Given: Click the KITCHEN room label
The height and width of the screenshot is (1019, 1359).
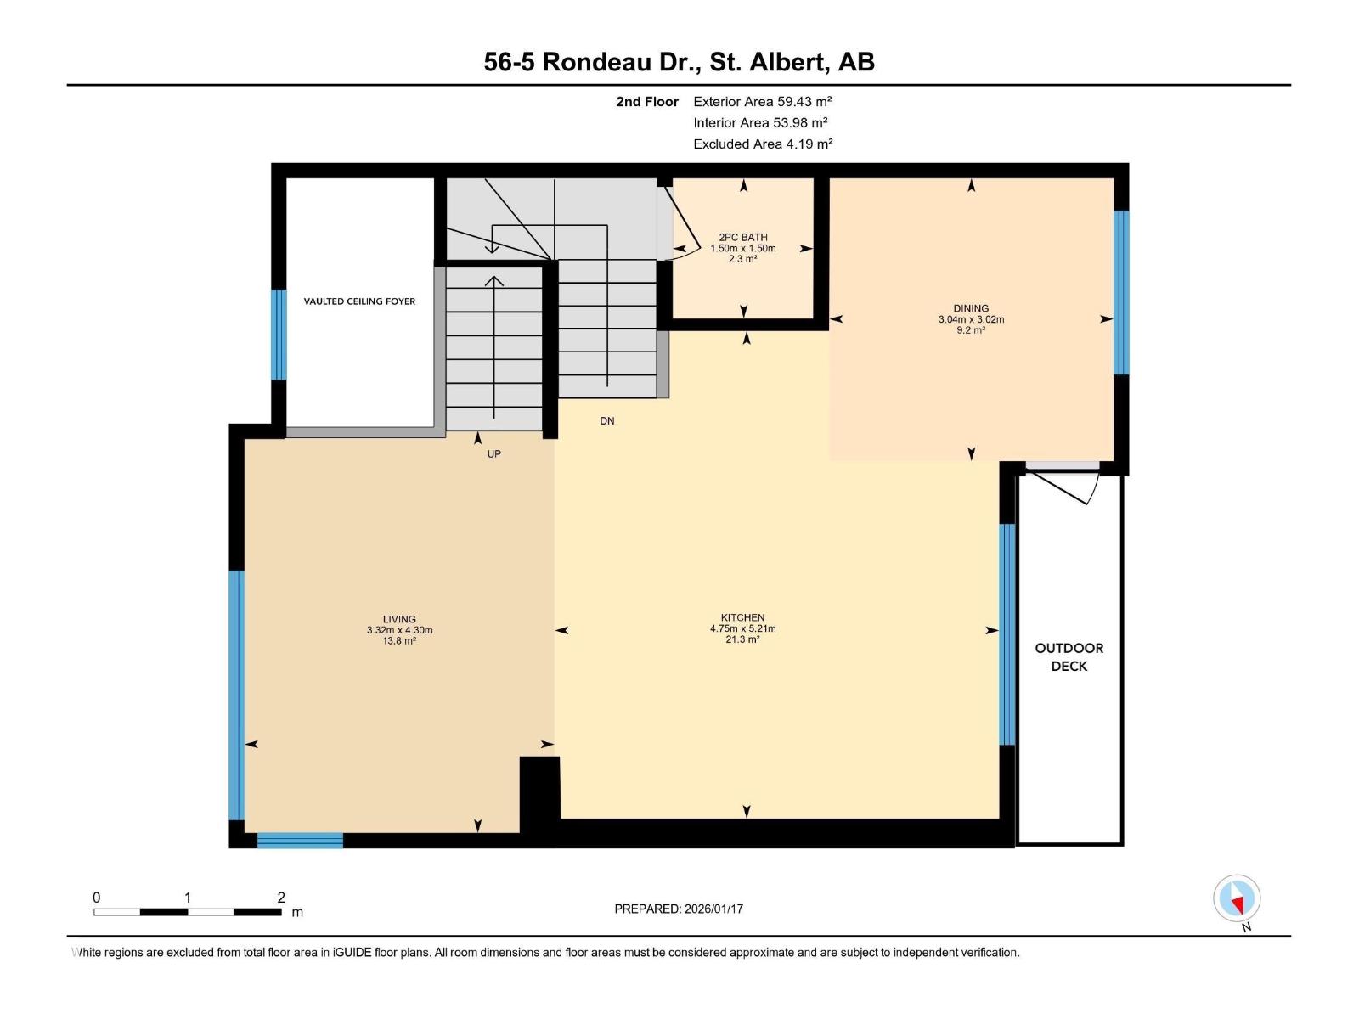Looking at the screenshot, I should [742, 618].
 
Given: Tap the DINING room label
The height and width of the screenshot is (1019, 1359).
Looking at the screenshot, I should [970, 309].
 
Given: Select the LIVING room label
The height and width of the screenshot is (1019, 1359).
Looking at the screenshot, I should [399, 620].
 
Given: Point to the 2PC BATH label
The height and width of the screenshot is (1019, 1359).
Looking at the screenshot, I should [742, 238].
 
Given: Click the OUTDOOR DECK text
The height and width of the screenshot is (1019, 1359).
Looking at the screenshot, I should [1069, 657].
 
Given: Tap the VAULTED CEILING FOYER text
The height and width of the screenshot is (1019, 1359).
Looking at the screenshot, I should [359, 301].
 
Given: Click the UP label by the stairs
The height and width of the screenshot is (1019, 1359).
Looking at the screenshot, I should [493, 454].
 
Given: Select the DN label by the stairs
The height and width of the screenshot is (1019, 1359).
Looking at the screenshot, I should [606, 421].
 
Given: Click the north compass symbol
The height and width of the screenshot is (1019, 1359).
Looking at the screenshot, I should [1237, 898].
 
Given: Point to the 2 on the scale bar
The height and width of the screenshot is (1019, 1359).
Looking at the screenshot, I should [281, 898].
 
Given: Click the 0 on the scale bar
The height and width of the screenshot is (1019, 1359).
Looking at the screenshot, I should [97, 898].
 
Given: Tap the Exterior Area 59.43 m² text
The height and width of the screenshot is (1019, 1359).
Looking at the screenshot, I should [762, 101].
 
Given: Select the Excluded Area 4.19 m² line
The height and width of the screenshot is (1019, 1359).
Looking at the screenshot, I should [762, 144].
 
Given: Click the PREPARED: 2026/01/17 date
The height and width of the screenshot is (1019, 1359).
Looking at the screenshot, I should [679, 909].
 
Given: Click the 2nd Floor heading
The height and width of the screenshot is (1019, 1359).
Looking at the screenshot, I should [647, 102].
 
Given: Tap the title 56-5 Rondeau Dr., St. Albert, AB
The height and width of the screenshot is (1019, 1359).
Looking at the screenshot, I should [679, 62].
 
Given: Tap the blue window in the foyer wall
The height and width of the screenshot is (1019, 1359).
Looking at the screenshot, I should [279, 335].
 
